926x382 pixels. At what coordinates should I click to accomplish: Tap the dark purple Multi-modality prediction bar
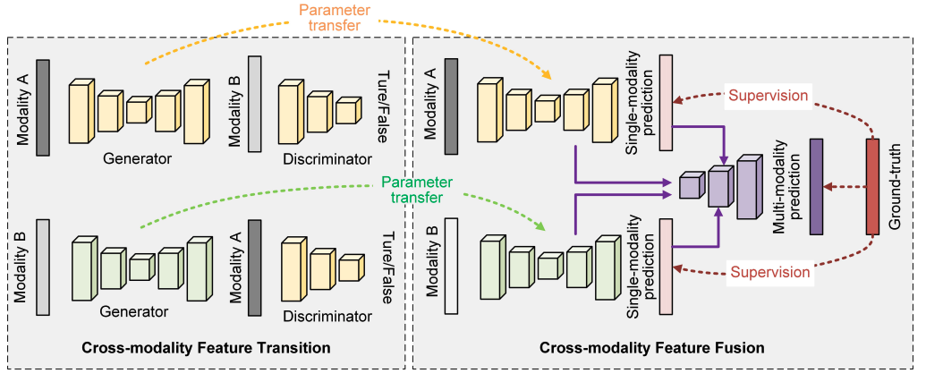816,187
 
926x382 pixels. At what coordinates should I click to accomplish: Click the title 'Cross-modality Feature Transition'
206,347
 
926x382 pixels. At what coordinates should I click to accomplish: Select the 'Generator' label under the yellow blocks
137,158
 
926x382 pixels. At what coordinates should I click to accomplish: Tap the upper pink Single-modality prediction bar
665,98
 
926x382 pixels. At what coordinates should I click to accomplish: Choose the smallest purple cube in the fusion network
689,186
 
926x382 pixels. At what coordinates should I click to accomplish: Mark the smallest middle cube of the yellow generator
137,110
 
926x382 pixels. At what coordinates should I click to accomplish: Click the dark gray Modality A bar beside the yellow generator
43,106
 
